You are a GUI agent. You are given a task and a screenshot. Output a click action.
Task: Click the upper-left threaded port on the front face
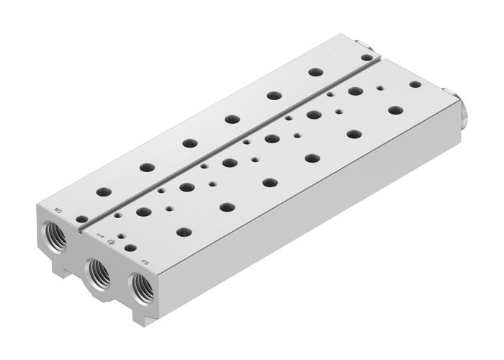55,235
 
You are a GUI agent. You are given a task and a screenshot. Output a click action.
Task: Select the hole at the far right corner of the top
415,84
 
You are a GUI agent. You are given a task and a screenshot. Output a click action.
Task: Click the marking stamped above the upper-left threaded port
58,211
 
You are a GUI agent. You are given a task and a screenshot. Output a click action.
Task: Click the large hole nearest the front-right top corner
184,232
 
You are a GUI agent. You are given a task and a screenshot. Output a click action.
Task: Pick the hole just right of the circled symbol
130,247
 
